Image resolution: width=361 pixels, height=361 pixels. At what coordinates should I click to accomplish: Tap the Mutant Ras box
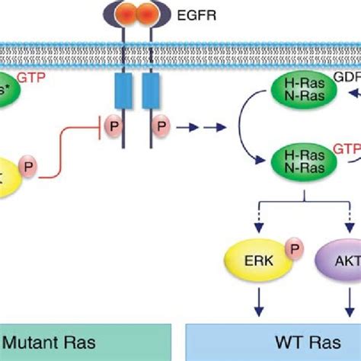(84, 342)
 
